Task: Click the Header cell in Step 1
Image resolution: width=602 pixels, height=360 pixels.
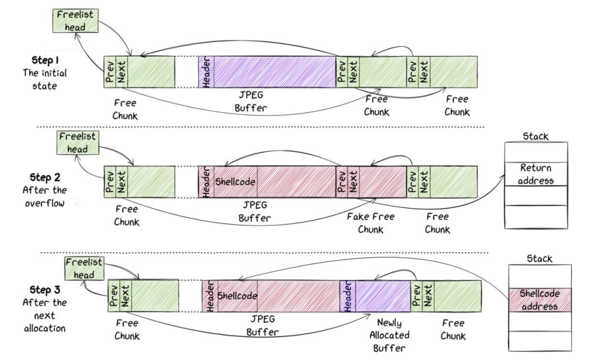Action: pyautogui.click(x=206, y=74)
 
